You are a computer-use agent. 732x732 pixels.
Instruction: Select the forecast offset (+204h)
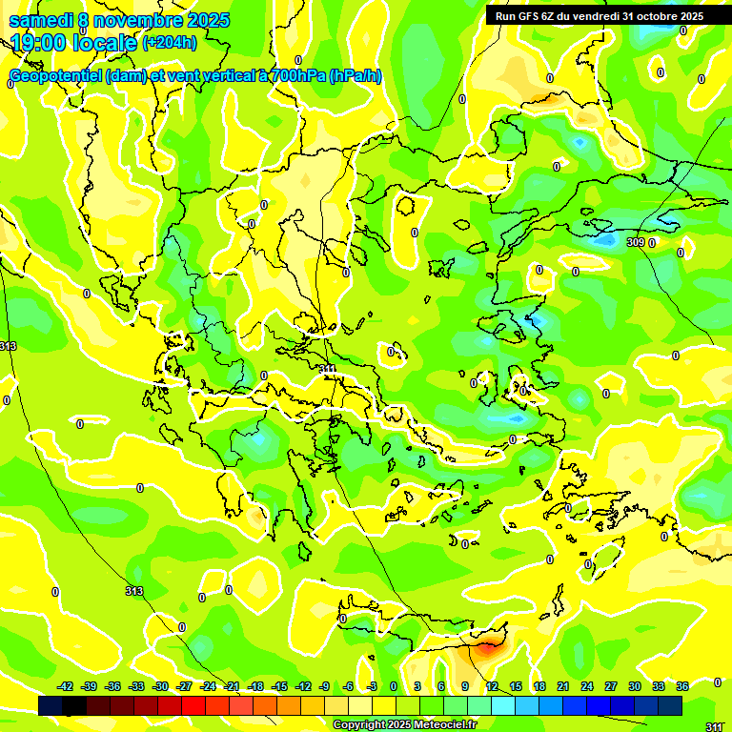(170, 42)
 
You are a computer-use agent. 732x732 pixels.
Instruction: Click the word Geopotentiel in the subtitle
(55, 76)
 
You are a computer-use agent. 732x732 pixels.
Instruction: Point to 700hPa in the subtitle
(296, 76)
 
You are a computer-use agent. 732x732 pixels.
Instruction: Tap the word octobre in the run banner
(654, 16)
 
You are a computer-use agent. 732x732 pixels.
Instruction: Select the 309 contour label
(636, 242)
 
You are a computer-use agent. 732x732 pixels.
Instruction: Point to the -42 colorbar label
(66, 686)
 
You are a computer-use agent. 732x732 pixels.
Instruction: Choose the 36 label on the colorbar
(682, 686)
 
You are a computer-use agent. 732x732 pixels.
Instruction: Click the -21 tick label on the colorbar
(232, 686)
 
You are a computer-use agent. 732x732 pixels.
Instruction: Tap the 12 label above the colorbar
(491, 686)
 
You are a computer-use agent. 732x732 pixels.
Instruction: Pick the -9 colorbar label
(325, 686)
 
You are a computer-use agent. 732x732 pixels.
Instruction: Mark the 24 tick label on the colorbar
(586, 686)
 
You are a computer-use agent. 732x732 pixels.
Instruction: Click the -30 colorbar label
(160, 686)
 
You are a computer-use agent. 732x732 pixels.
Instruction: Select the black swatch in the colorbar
(73, 705)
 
